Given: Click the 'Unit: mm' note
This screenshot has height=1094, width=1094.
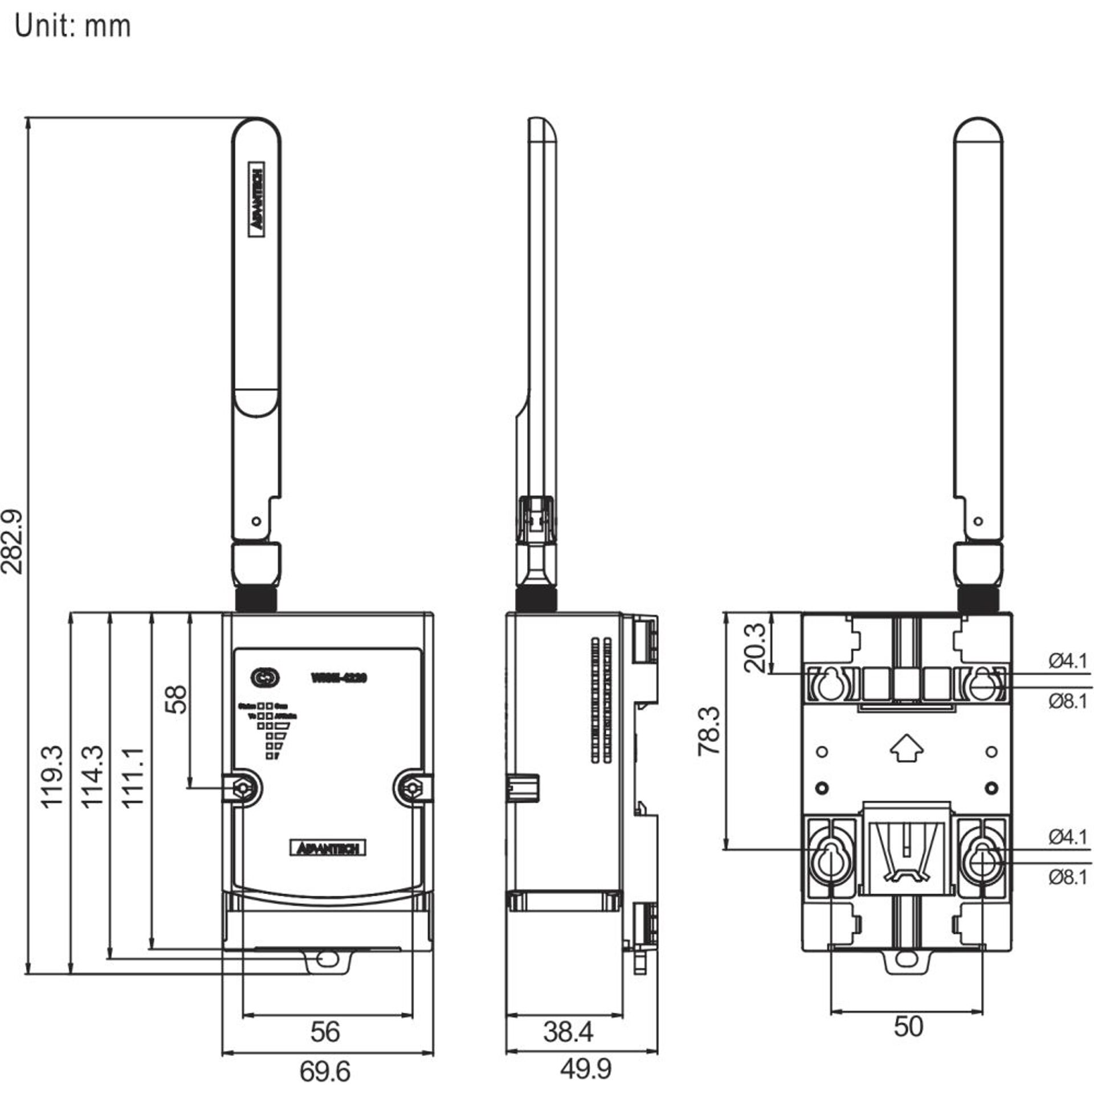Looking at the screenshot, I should click(72, 26).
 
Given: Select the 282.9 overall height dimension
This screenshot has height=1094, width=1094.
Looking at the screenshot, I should click(13, 542).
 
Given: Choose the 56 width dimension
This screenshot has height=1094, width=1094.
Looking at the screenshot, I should click(325, 1032).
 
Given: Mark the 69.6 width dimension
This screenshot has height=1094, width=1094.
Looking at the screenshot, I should click(325, 1072).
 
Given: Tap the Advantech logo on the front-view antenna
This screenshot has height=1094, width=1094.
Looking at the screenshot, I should click(257, 196).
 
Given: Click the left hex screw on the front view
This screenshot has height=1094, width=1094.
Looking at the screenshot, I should click(243, 788).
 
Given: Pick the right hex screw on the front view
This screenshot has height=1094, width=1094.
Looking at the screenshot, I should click(410, 788).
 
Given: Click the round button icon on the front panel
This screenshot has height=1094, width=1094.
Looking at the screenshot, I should click(264, 677).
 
